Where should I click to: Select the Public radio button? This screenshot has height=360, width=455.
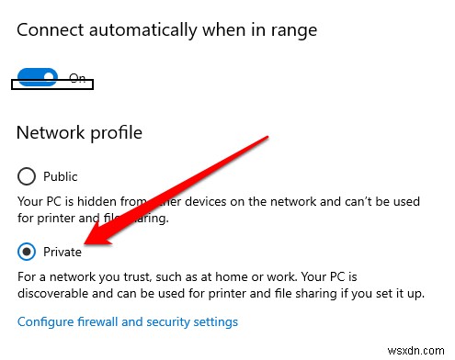tap(27, 176)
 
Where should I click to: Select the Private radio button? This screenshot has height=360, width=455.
tap(27, 252)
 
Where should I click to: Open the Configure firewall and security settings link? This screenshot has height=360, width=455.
tap(128, 322)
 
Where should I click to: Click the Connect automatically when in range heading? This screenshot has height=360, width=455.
tap(166, 29)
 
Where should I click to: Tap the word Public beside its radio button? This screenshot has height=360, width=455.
tap(60, 176)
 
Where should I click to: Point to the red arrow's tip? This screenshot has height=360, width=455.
tap(85, 246)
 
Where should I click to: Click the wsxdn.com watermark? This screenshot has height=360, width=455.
tap(418, 350)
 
